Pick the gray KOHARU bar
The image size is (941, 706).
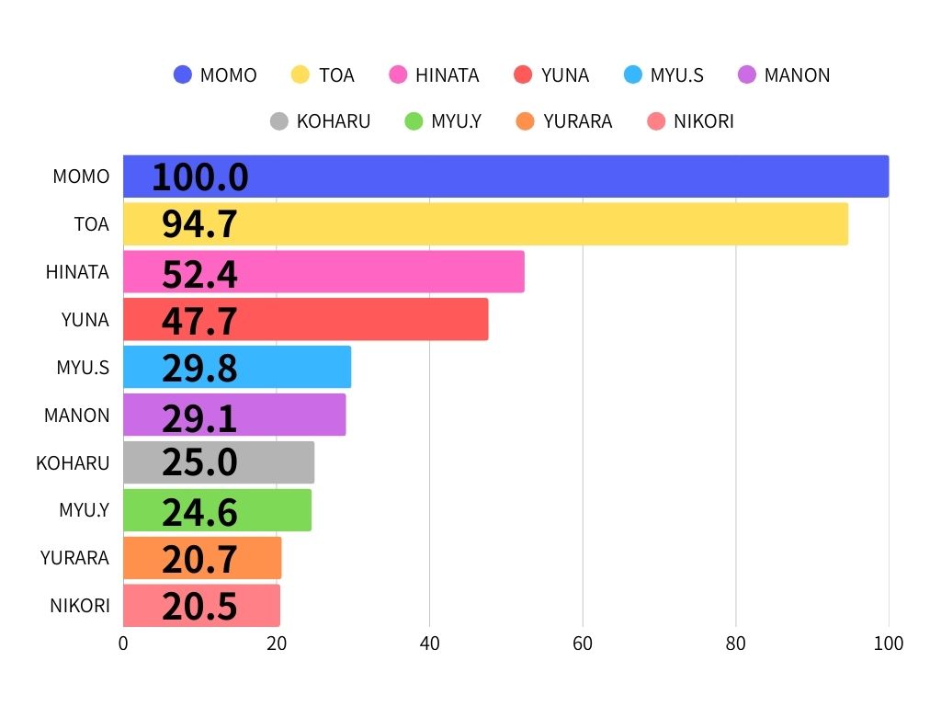276,462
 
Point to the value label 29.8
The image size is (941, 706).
199,368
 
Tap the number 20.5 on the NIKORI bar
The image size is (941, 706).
199,607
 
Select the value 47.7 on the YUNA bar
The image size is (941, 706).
199,321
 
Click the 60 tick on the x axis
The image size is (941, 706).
583,643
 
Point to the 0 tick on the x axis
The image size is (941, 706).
123,643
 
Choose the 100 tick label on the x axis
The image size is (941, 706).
889,643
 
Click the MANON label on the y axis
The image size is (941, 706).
77,416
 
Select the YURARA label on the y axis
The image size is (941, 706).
75,558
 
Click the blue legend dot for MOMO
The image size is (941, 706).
183,75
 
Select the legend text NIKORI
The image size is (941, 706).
703,121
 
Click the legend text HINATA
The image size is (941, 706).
447,75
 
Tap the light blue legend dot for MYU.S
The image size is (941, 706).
633,75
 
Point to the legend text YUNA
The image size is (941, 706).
565,75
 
